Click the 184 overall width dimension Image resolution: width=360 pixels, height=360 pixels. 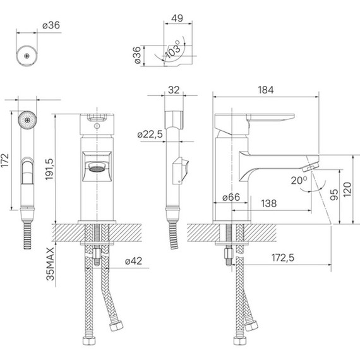[x=266, y=90]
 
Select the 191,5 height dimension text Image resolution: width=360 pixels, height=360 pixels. [x=59, y=169]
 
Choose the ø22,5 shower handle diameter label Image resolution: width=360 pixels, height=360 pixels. [x=150, y=134]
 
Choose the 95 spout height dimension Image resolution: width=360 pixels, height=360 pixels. [x=333, y=195]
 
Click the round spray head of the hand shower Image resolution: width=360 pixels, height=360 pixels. [x=26, y=119]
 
